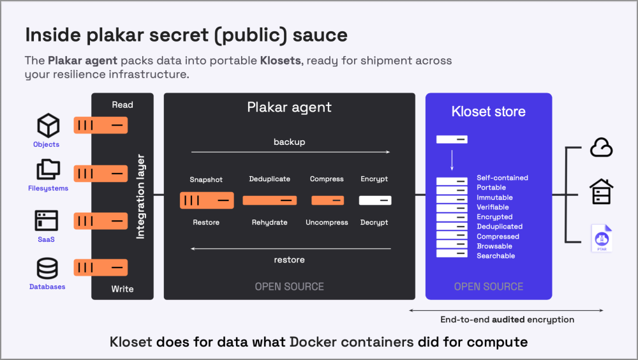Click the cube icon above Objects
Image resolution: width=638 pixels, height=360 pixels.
pyautogui.click(x=48, y=126)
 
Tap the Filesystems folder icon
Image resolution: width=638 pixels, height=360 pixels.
pyautogui.click(x=48, y=169)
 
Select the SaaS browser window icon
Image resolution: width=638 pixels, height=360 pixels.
pyautogui.click(x=47, y=221)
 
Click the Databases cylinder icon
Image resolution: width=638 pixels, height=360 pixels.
pyautogui.click(x=47, y=268)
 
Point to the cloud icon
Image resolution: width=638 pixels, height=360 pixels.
pyautogui.click(x=602, y=147)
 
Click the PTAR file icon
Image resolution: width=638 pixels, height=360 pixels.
pyautogui.click(x=602, y=238)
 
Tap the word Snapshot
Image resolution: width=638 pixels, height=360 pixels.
pyautogui.click(x=206, y=179)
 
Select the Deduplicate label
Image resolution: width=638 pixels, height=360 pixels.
pyautogui.click(x=269, y=179)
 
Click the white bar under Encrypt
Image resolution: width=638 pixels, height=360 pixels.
pyautogui.click(x=375, y=200)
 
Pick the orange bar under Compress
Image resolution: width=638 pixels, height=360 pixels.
pyautogui.click(x=327, y=200)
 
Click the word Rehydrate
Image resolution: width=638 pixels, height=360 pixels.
pyautogui.click(x=269, y=222)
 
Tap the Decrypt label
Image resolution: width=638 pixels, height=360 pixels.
pyautogui.click(x=374, y=222)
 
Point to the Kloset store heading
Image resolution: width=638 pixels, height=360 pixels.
pyautogui.click(x=488, y=111)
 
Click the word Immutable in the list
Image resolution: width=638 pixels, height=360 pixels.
pyautogui.click(x=495, y=197)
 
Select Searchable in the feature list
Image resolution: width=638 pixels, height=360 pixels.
pyautogui.click(x=496, y=256)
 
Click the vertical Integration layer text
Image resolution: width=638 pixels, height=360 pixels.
pyautogui.click(x=140, y=197)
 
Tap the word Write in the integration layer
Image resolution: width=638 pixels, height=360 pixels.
pyautogui.click(x=122, y=289)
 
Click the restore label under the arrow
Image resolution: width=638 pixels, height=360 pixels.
pyautogui.click(x=289, y=260)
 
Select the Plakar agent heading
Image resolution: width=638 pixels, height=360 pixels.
pyautogui.click(x=289, y=107)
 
